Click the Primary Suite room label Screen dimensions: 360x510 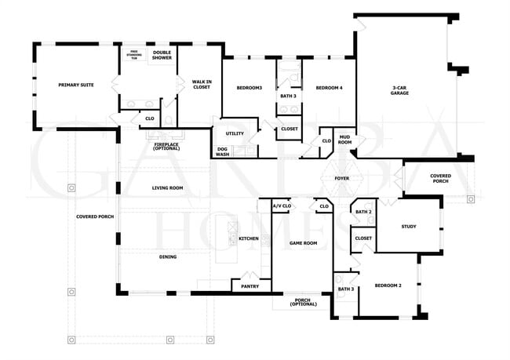pyautogui.click(x=76, y=84)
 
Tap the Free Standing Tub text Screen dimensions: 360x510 pyautogui.click(x=134, y=56)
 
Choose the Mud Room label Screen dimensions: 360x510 pyautogui.click(x=344, y=140)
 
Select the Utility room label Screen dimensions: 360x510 pyautogui.click(x=235, y=134)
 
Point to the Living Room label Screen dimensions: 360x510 pyautogui.click(x=167, y=187)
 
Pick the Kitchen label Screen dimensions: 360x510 pyautogui.click(x=249, y=238)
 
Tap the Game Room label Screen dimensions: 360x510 pyautogui.click(x=304, y=244)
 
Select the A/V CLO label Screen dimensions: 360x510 pyautogui.click(x=281, y=206)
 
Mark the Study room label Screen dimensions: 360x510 pyautogui.click(x=408, y=227)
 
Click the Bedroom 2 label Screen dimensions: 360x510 pyautogui.click(x=388, y=285)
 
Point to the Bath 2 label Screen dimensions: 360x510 pyautogui.click(x=362, y=212)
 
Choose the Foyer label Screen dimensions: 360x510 pyautogui.click(x=342, y=178)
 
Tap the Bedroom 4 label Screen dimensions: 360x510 pyautogui.click(x=330, y=89)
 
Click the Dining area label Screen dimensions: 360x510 pyautogui.click(x=167, y=256)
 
